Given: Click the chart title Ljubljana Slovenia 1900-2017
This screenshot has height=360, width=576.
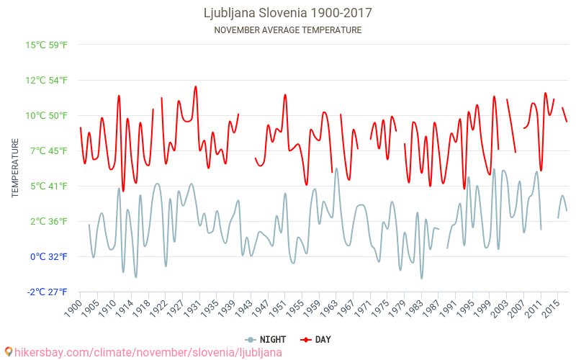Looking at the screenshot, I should point(288,13).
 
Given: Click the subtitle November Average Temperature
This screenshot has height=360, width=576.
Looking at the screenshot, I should point(288,30).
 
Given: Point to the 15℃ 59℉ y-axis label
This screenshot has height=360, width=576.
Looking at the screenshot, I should point(47,45).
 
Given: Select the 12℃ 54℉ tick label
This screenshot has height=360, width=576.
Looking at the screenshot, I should point(47,80).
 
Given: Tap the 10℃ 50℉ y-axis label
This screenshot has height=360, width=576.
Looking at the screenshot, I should point(47,115).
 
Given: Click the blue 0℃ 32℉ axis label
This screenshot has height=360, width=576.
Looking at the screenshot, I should point(49,256).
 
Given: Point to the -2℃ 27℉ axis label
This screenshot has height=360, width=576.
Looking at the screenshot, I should point(48,292).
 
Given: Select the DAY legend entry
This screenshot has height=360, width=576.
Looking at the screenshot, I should point(316,339).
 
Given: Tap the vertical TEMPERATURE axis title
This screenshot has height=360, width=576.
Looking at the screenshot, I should point(15,168).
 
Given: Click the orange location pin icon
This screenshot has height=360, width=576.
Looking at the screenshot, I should point(8,352).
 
